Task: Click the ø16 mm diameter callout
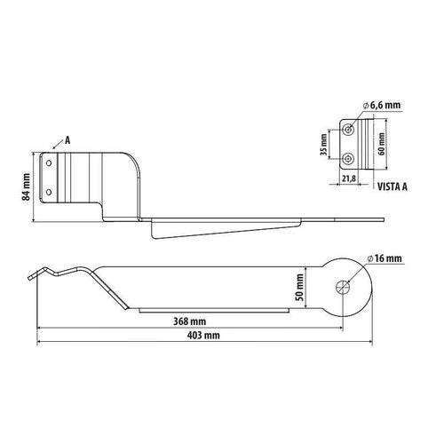(x=384, y=258)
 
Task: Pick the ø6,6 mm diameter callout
(x=382, y=106)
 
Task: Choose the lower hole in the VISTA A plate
(x=352, y=157)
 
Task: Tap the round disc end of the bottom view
(x=345, y=286)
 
